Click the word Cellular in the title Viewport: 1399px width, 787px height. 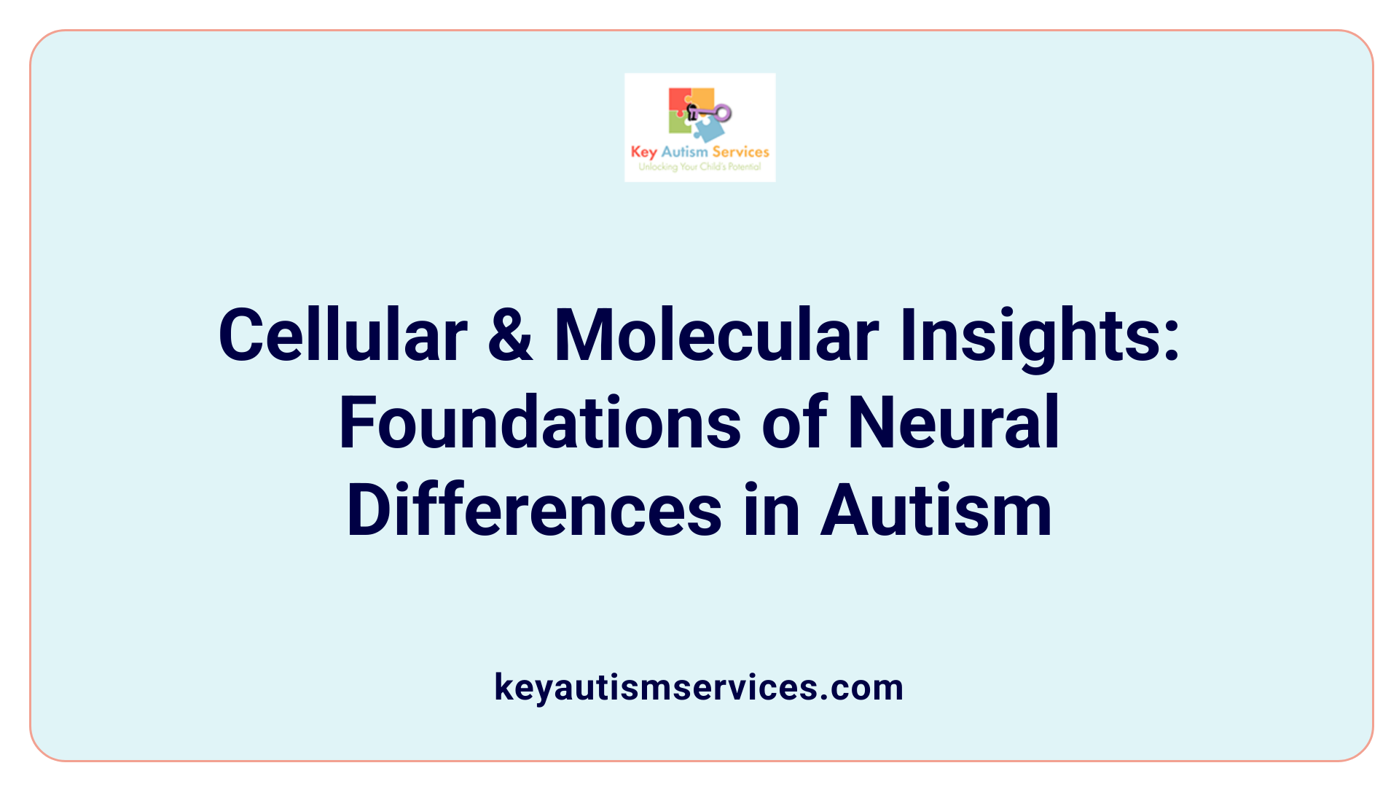(x=342, y=334)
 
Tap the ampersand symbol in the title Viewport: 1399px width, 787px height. (x=510, y=334)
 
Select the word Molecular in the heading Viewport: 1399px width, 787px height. (x=716, y=334)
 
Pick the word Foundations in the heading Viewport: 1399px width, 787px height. (x=540, y=423)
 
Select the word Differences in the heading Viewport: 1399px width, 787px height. (x=534, y=510)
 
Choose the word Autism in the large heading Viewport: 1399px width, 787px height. (x=936, y=510)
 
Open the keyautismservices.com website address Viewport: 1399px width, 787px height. (x=699, y=687)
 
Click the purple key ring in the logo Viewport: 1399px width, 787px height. (x=722, y=113)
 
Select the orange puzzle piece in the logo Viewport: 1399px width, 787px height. (x=702, y=98)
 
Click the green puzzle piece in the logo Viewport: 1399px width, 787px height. (x=678, y=125)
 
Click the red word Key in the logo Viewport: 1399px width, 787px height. (x=643, y=152)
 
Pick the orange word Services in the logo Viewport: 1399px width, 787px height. (x=740, y=152)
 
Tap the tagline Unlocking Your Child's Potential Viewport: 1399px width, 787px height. (x=699, y=167)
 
